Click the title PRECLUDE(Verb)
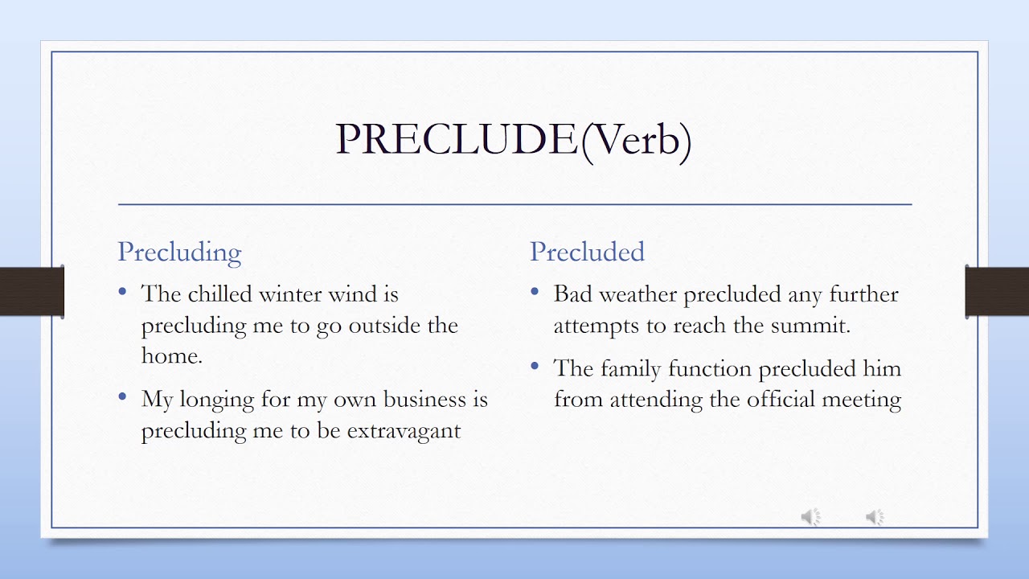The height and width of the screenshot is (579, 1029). [514, 140]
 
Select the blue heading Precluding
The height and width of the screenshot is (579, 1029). [179, 252]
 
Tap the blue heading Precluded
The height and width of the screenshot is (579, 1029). [587, 252]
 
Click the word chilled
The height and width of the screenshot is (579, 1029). [220, 294]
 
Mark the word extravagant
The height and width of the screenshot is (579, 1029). [404, 430]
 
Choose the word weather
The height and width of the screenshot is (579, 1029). [638, 294]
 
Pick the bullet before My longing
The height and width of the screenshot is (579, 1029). [122, 396]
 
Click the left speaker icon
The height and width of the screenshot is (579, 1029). [811, 517]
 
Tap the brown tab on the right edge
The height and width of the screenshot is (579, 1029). [997, 291]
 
